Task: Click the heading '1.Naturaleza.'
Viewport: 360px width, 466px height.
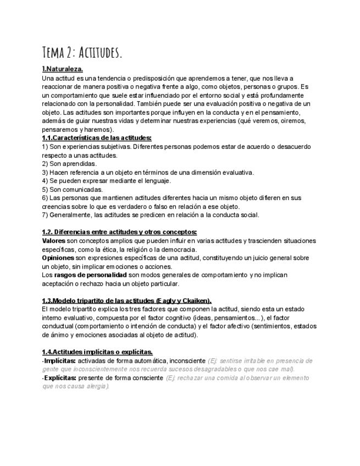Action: (x=63, y=69)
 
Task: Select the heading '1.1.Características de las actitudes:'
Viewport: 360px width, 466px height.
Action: (x=97, y=138)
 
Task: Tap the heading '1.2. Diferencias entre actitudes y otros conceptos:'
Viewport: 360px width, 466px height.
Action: (x=119, y=232)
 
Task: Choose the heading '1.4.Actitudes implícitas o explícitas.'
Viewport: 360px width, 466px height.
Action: (x=97, y=352)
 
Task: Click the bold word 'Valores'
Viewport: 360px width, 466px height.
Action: (x=53, y=241)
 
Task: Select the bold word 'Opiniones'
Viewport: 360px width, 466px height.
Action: (x=58, y=258)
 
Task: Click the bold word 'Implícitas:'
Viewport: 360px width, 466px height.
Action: (x=60, y=361)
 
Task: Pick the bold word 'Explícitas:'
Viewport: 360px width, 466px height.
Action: (x=60, y=378)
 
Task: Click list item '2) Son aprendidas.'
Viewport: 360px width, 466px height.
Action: (x=69, y=164)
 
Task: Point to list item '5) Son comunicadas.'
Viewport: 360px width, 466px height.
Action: (x=72, y=189)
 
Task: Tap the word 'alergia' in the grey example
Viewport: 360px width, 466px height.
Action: (x=97, y=386)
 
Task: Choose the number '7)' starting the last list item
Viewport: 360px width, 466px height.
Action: (x=45, y=215)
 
